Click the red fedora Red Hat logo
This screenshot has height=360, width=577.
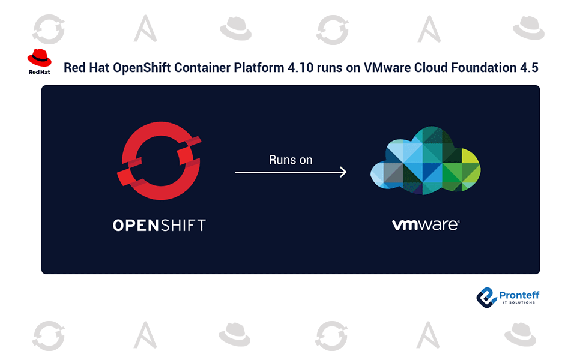tap(39, 58)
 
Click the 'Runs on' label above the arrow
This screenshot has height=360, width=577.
tap(291, 160)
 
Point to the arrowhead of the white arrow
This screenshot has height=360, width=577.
tap(343, 172)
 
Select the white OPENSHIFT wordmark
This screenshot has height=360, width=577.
tap(159, 226)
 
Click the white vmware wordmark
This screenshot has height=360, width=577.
tap(425, 226)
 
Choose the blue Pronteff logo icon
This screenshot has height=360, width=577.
tap(486, 297)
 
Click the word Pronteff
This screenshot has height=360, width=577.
tap(519, 295)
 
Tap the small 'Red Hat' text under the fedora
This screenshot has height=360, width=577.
tap(39, 71)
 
